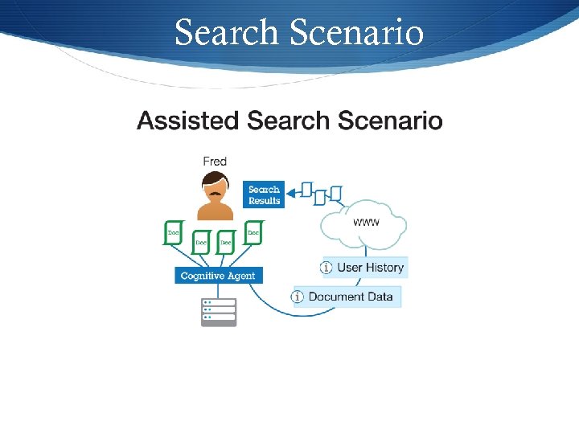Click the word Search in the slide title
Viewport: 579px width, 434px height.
coord(226,33)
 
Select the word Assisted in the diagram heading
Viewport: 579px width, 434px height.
coord(188,121)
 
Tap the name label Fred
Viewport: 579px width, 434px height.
coord(215,162)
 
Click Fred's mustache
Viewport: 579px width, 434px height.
coord(215,194)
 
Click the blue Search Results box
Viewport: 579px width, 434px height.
coord(264,195)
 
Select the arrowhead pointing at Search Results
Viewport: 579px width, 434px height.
coord(294,190)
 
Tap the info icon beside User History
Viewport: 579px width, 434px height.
coord(326,268)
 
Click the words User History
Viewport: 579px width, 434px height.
coord(371,268)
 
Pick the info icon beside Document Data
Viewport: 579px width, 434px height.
coord(298,297)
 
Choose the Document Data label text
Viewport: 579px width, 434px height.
coord(351,297)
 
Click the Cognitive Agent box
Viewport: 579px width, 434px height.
coord(218,276)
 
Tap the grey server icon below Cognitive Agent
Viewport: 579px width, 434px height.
coord(219,312)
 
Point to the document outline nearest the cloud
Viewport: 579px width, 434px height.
coord(335,194)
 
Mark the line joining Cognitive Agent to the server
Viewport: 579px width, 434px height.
coord(219,290)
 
